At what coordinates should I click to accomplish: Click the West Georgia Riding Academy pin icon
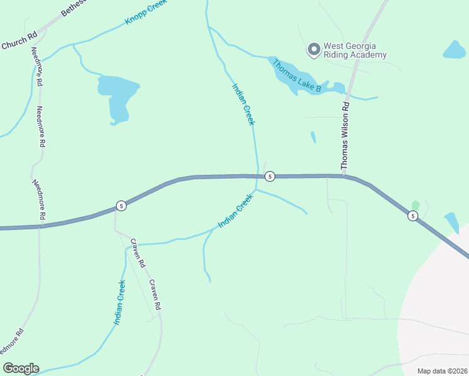(314, 49)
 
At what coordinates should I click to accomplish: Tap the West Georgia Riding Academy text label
(355, 51)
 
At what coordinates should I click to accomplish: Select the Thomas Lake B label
(297, 76)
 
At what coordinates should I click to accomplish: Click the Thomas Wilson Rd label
(344, 138)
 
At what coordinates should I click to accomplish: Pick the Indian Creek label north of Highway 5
(243, 105)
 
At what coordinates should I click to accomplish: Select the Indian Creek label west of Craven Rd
(120, 302)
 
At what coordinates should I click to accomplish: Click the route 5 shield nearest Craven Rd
(122, 206)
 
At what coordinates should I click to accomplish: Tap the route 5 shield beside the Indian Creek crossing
(269, 176)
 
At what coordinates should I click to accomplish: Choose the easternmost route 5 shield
(412, 216)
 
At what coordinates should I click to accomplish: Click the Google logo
(21, 368)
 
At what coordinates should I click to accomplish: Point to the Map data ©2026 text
(442, 371)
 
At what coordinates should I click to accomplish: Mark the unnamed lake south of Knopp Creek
(117, 94)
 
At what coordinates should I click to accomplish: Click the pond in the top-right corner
(454, 50)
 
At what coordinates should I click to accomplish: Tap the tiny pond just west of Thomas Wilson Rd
(313, 137)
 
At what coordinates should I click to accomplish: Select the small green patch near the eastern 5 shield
(414, 205)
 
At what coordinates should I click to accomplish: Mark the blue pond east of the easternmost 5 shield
(451, 221)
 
